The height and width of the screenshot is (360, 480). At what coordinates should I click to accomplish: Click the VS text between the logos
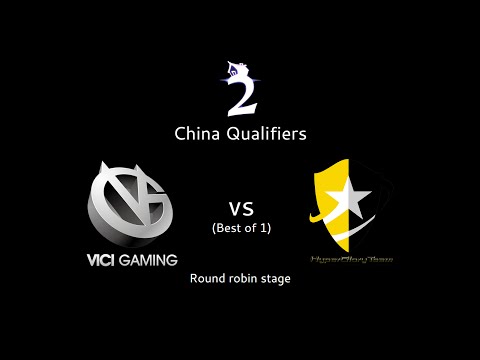pyautogui.click(x=240, y=210)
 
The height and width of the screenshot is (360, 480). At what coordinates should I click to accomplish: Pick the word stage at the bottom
pyautogui.click(x=276, y=278)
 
